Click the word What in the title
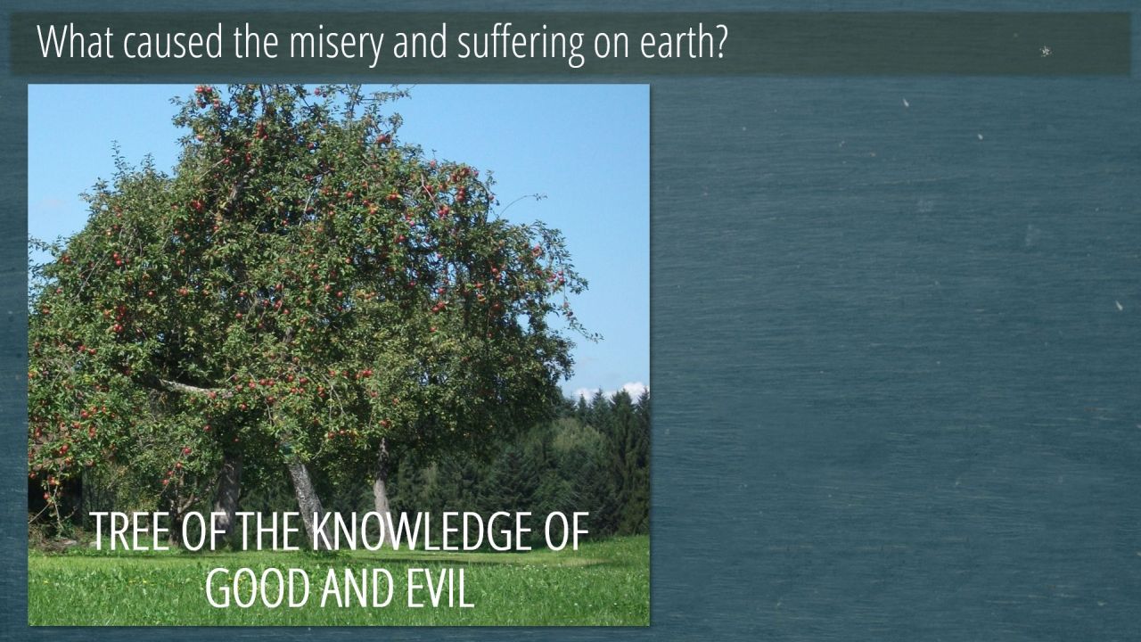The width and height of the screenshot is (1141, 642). [76, 41]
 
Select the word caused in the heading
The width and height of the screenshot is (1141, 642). [173, 41]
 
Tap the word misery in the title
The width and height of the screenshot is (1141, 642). [336, 45]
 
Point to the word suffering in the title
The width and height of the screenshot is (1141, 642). [521, 45]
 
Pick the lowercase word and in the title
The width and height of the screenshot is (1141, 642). [421, 41]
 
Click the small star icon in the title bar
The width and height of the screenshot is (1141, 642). [1045, 51]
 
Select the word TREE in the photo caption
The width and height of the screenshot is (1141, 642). [129, 531]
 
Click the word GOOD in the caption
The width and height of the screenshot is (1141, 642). [258, 588]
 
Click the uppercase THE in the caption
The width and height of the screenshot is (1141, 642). [267, 531]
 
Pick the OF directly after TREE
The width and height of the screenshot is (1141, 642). [202, 531]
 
